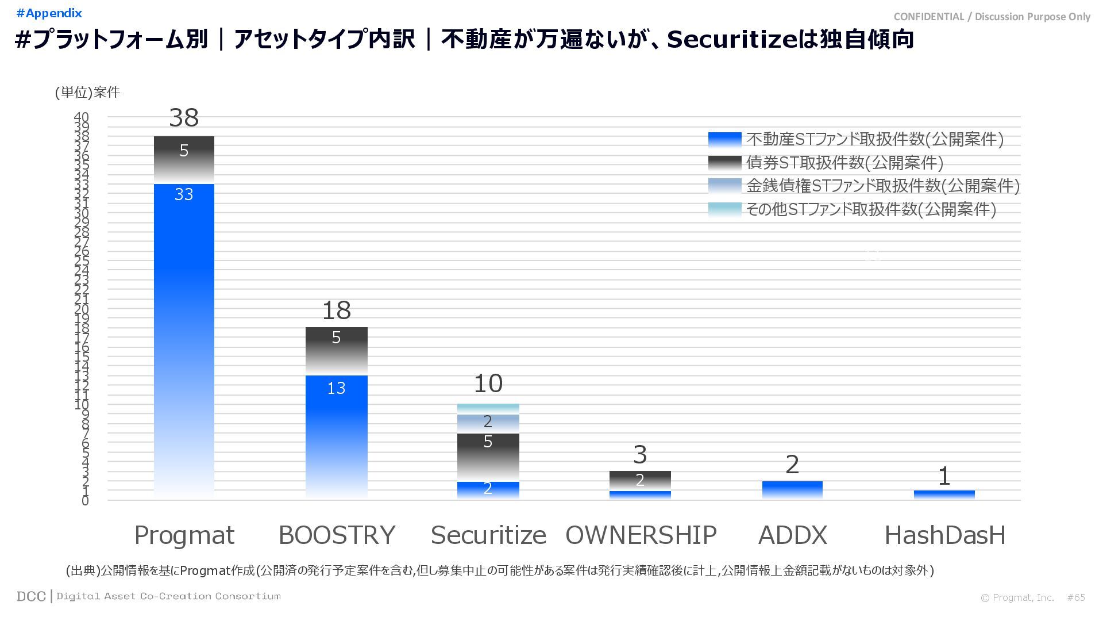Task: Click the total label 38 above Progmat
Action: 184,118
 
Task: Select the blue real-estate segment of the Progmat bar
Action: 184,339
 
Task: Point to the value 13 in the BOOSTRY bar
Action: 336,388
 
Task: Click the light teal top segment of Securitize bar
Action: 488,408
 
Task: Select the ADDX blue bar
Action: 792,489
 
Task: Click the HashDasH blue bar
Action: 944,494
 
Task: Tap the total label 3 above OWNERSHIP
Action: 640,455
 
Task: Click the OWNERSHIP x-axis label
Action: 641,535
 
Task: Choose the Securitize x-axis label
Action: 488,535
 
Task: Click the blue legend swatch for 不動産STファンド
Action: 724,139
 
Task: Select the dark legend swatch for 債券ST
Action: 724,163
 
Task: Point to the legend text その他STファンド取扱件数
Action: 870,209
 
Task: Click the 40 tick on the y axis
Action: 82,117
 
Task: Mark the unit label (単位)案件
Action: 87,93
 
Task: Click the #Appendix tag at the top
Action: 49,13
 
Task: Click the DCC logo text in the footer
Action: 31,596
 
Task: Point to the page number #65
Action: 1076,597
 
